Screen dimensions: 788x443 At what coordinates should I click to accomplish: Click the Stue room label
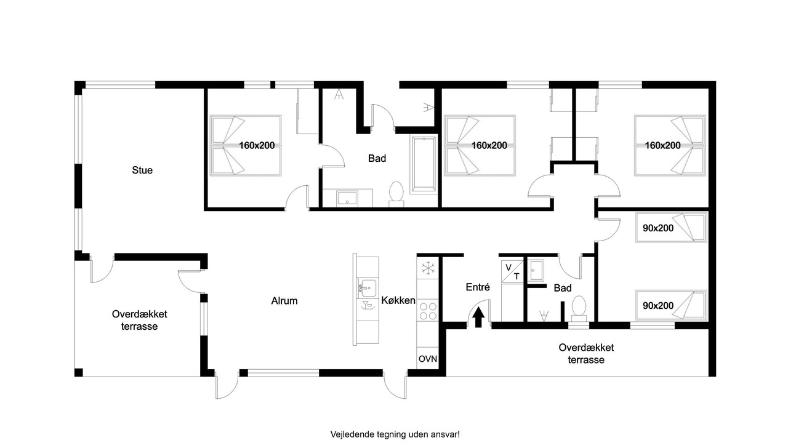(x=142, y=170)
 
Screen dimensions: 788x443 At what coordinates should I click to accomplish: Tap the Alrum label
(x=284, y=301)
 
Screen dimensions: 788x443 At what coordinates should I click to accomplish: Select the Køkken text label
(x=398, y=300)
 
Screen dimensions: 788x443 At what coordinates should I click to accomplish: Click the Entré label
(x=477, y=287)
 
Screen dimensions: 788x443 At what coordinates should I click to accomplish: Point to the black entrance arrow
(x=478, y=317)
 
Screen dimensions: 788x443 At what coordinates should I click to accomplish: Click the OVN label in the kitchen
(x=428, y=359)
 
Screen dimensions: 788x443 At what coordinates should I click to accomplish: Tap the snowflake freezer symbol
(x=428, y=268)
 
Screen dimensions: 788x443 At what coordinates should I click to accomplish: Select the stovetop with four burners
(x=428, y=311)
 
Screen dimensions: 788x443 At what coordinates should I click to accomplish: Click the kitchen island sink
(x=366, y=287)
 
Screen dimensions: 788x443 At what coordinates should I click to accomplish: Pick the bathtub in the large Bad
(x=424, y=164)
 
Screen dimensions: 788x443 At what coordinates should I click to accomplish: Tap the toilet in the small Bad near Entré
(x=579, y=308)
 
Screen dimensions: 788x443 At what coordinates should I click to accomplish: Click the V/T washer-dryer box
(x=512, y=272)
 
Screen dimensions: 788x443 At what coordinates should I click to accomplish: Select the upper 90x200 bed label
(x=658, y=228)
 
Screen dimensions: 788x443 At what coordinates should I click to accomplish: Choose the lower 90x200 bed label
(x=658, y=306)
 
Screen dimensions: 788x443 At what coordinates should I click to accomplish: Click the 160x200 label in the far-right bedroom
(x=662, y=145)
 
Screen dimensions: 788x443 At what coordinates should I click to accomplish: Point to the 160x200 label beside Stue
(x=257, y=145)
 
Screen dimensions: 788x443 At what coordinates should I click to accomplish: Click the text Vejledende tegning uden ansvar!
(x=395, y=434)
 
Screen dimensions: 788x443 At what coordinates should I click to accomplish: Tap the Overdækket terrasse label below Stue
(x=139, y=320)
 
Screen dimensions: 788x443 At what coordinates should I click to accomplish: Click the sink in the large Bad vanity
(x=347, y=199)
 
